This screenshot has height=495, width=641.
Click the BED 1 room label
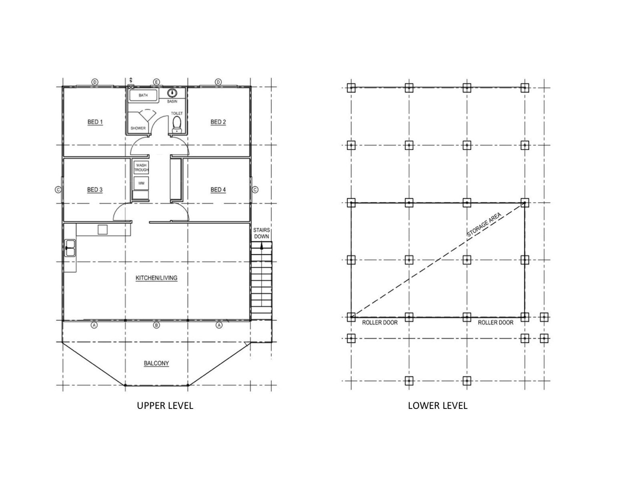[95, 122]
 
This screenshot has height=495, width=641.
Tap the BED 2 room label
[218, 122]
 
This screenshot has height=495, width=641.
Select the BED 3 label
[95, 189]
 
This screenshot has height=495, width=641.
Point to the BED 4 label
[218, 189]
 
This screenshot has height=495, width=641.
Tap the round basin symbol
[172, 93]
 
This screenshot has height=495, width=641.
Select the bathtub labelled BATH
[143, 96]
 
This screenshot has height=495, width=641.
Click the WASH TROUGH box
[141, 167]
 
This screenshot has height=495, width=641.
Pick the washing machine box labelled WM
[141, 183]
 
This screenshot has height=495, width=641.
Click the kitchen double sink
[70, 248]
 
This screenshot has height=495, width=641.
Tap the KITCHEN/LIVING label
[156, 278]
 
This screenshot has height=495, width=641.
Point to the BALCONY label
[156, 363]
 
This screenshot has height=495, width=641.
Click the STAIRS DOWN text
[261, 233]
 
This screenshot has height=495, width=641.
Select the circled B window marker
[157, 325]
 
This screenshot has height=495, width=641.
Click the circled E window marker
[156, 82]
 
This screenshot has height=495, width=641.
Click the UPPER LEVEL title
[165, 406]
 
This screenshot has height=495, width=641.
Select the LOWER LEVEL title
[437, 406]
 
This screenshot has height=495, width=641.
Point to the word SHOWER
[138, 128]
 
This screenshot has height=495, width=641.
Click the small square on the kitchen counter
[102, 229]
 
